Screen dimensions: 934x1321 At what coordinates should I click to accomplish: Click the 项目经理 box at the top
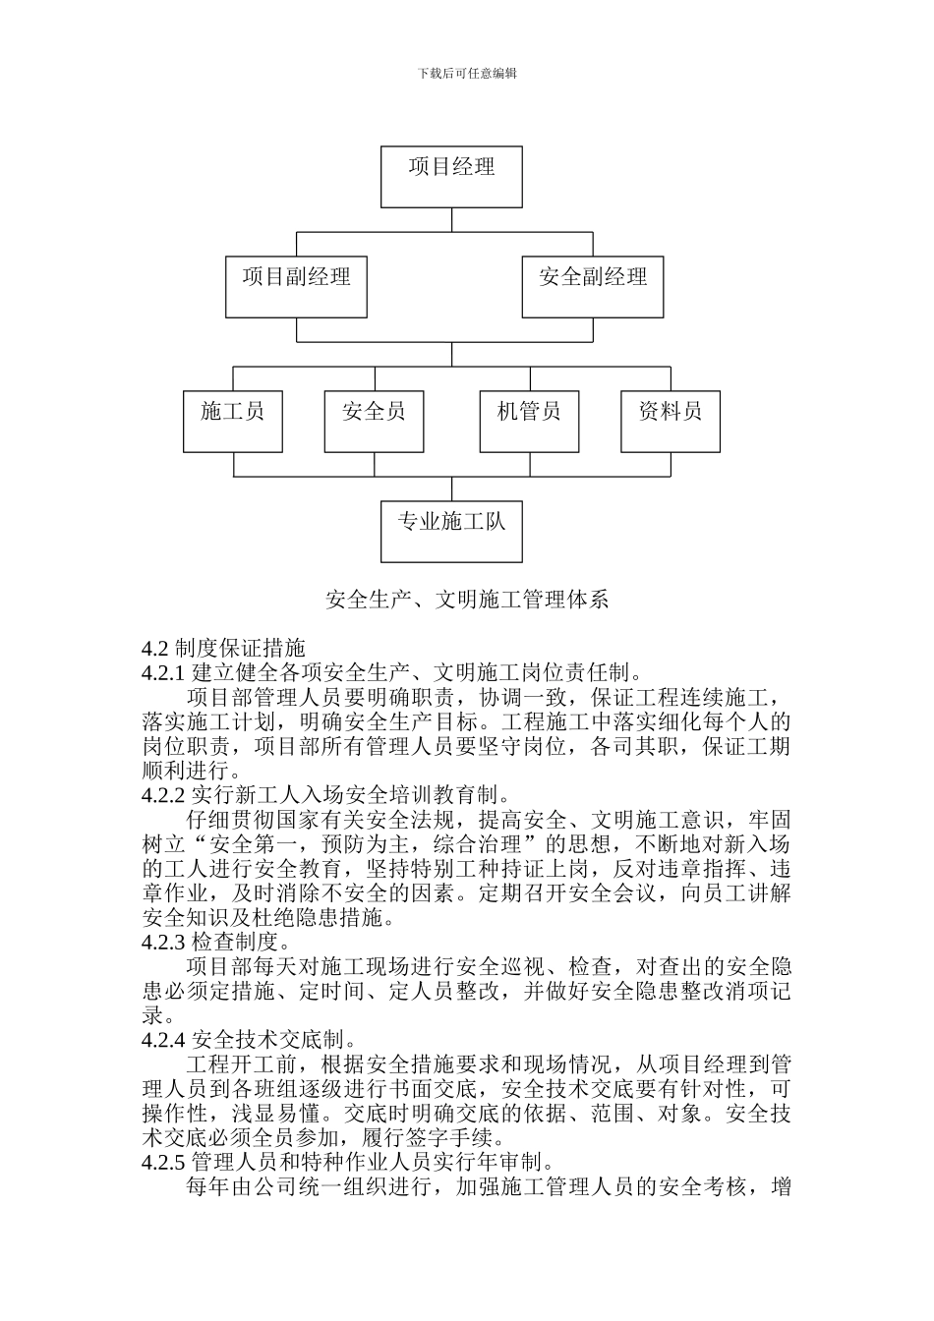451,177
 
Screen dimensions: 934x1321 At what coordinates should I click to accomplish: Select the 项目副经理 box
296,287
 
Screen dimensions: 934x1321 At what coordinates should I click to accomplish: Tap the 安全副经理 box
592,287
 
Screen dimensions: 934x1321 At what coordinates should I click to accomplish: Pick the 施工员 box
233,422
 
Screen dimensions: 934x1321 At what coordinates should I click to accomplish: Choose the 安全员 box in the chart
374,422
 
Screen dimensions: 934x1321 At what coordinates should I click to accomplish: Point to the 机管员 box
529,422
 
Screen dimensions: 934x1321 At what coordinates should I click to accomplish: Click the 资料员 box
670,422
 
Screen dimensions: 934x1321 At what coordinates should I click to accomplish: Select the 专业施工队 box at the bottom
451,532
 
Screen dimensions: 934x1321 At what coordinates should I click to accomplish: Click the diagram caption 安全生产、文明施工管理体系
467,599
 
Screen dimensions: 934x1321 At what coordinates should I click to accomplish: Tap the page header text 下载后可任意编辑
467,73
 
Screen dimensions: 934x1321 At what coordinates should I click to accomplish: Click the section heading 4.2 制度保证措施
223,648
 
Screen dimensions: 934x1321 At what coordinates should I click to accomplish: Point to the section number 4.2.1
163,673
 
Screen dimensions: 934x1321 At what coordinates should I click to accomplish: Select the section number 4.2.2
163,795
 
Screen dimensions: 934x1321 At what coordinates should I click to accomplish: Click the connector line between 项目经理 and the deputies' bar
451,220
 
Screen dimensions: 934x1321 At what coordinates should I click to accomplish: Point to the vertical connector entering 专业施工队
451,488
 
